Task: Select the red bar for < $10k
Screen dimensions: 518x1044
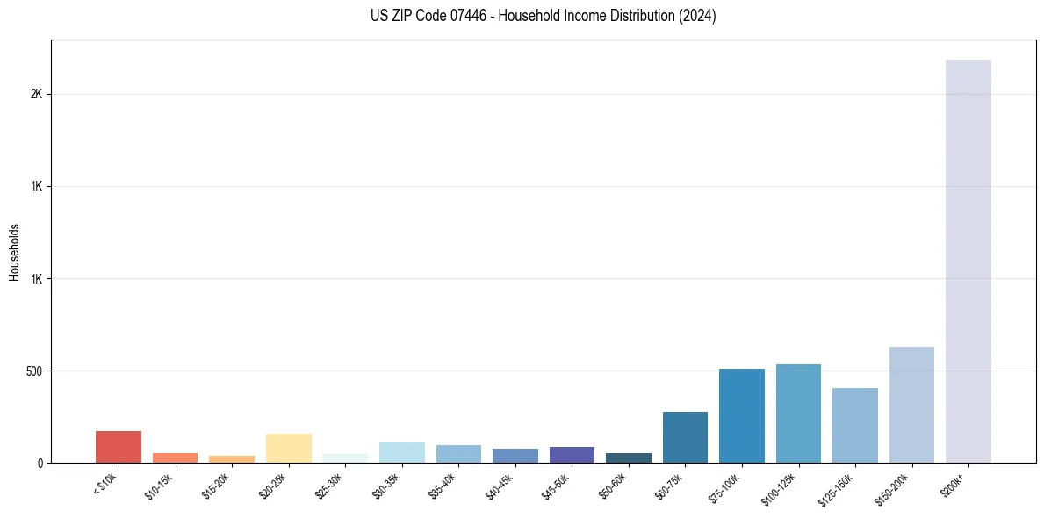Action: pyautogui.click(x=119, y=447)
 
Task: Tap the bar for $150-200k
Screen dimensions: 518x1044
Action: pyautogui.click(x=911, y=405)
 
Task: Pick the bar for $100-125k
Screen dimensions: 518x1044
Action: pyautogui.click(x=798, y=414)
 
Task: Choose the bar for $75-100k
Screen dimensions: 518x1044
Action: pyautogui.click(x=741, y=415)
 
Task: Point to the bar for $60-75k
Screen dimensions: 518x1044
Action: pyautogui.click(x=685, y=437)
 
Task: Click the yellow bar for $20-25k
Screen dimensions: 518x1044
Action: pyautogui.click(x=289, y=448)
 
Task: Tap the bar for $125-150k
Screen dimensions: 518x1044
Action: pyautogui.click(x=854, y=425)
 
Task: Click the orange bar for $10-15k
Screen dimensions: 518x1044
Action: pyautogui.click(x=175, y=457)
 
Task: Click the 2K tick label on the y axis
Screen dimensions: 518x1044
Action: pyautogui.click(x=37, y=94)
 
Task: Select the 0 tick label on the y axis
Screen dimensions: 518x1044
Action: pyautogui.click(x=40, y=463)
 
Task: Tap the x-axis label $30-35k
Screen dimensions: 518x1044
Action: pyautogui.click(x=386, y=485)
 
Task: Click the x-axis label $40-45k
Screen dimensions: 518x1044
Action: pyautogui.click(x=500, y=485)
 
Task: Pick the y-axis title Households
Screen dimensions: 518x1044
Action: pyautogui.click(x=15, y=251)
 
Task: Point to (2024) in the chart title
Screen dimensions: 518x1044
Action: pyautogui.click(x=698, y=16)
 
